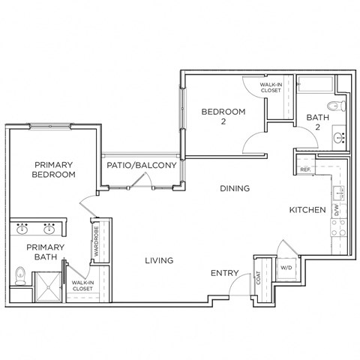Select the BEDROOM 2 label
coord(223,116)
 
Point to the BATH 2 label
coord(316,122)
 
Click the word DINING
coord(235,189)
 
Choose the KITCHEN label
coord(307,210)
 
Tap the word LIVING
coord(159,260)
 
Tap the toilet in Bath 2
coord(337,104)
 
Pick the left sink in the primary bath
coord(23,226)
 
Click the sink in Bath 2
coord(338,137)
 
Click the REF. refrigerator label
coord(305,169)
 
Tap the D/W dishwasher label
coord(337,210)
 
